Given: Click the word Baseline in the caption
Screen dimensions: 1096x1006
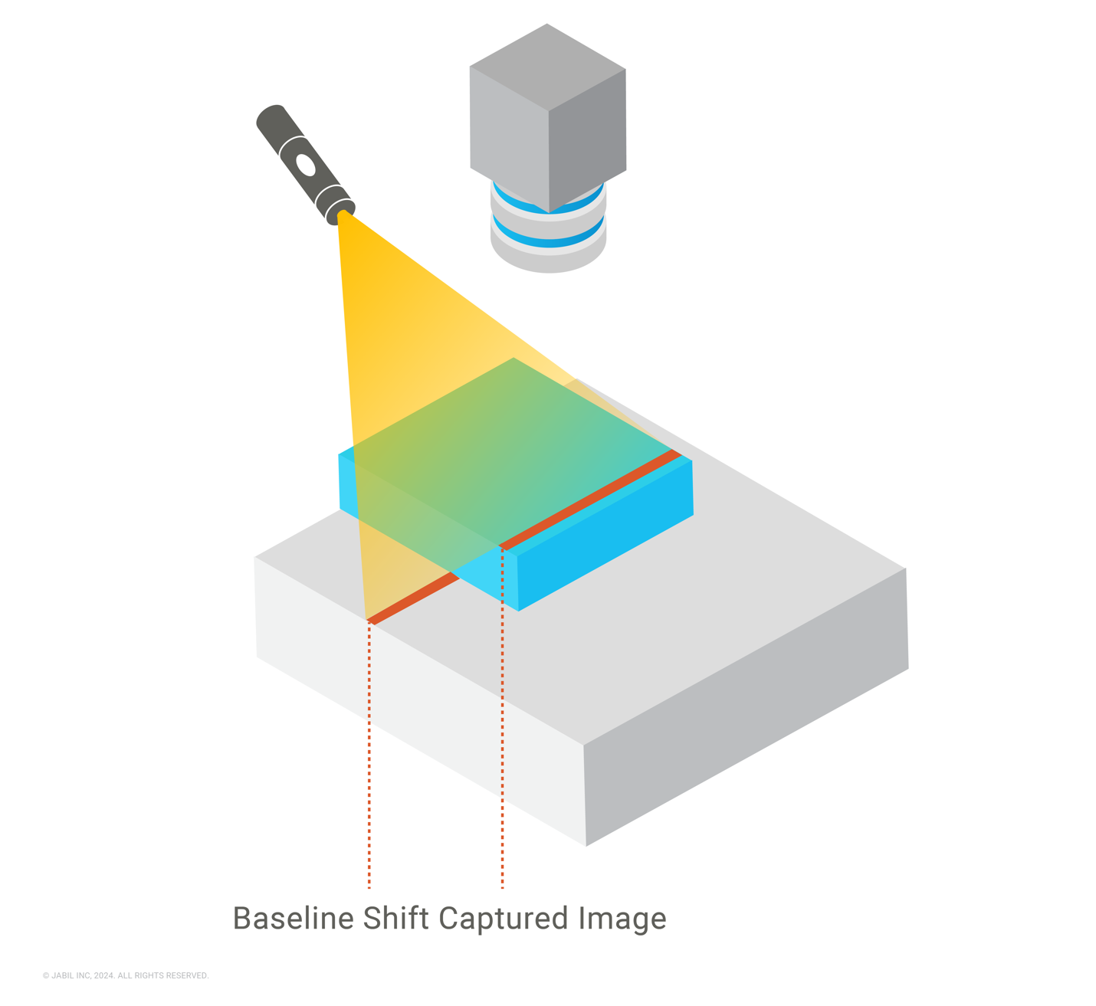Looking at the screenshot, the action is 294,918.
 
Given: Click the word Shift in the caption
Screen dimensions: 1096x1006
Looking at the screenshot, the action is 395,918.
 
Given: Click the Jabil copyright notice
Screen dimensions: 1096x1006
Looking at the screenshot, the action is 126,975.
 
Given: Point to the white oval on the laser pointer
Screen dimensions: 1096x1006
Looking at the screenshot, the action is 305,165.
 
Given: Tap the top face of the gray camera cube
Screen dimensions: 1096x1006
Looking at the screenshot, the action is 547,67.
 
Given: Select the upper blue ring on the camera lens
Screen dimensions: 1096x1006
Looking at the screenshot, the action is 548,199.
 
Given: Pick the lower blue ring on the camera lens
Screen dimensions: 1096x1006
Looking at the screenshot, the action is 548,232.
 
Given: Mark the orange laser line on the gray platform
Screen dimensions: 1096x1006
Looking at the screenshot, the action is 413,598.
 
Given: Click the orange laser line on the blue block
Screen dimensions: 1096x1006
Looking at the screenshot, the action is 590,500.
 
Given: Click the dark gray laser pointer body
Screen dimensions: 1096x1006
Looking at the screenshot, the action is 306,165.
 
